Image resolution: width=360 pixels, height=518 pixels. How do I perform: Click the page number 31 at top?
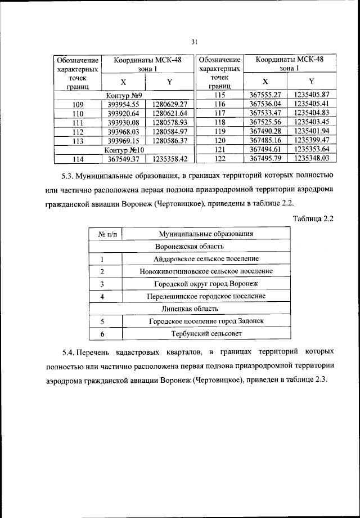pyautogui.click(x=195, y=41)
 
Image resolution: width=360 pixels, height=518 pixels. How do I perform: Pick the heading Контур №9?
pyautogui.click(x=124, y=96)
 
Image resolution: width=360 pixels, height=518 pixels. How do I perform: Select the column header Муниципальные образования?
pyautogui.click(x=205, y=233)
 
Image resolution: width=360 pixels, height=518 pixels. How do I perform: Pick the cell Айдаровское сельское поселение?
pyautogui.click(x=205, y=259)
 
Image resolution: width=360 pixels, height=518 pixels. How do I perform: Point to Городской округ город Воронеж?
pyautogui.click(x=205, y=283)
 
